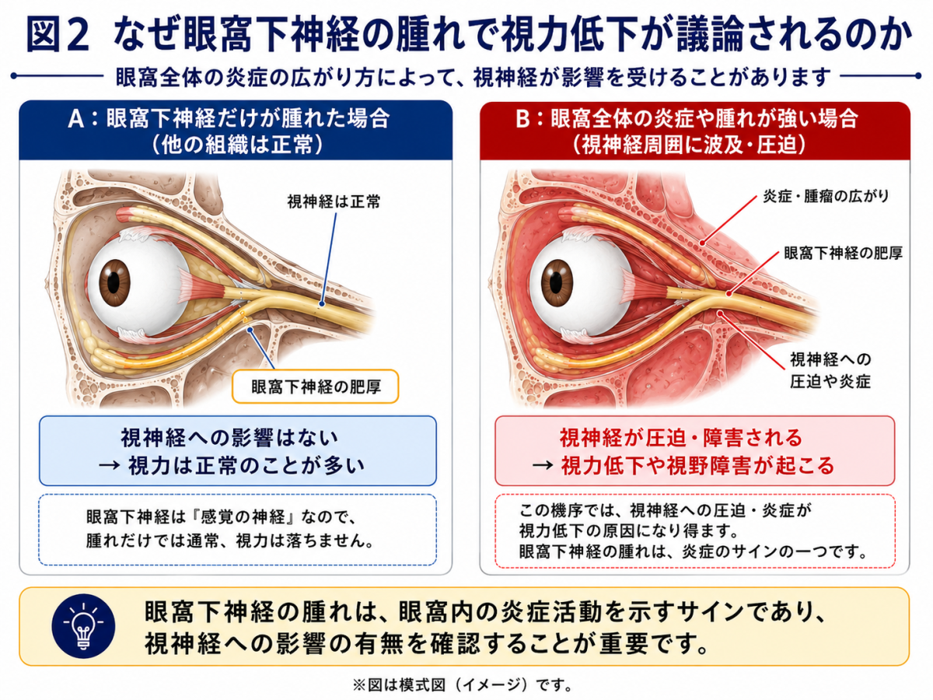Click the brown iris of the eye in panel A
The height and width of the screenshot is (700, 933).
114,282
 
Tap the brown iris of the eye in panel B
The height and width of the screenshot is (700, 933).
557,283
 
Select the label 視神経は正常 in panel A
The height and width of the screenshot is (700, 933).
334,201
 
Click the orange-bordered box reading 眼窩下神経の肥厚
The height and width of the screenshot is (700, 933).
315,387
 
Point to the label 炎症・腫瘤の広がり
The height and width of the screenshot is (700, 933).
826,196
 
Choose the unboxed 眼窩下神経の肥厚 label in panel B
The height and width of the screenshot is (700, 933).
844,254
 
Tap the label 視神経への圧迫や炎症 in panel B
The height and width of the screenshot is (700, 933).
830,370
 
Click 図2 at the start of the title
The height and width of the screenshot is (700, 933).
58,35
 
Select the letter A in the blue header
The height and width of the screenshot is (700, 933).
76,118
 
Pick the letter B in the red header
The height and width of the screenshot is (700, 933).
522,119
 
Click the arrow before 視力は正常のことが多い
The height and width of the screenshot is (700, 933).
109,466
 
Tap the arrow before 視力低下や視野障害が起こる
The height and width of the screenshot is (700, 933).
543,465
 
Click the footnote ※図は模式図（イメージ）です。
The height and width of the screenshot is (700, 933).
462,684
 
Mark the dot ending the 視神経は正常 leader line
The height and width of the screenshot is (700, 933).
322,304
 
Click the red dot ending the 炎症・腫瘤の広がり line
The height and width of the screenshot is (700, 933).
702,243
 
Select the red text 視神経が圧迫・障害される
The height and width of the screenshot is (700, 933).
680,438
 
